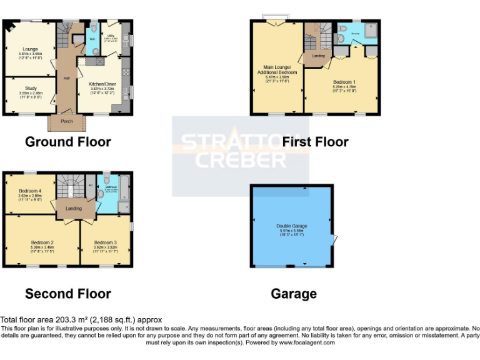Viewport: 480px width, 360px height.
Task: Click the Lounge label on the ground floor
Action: tap(31, 49)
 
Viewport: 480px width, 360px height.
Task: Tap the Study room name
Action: tap(31, 88)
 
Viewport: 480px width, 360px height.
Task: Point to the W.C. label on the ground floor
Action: tap(92, 39)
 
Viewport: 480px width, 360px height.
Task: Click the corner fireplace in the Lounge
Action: tap(9, 26)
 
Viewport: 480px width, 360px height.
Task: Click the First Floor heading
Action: tap(315, 142)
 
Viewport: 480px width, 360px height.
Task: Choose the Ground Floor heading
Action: tap(67, 142)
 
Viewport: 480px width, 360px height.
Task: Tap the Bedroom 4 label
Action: tap(30, 191)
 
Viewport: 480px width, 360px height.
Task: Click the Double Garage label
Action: tap(292, 226)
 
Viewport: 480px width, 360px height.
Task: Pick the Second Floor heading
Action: tap(67, 294)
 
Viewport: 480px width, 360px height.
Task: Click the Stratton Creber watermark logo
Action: tap(240, 150)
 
